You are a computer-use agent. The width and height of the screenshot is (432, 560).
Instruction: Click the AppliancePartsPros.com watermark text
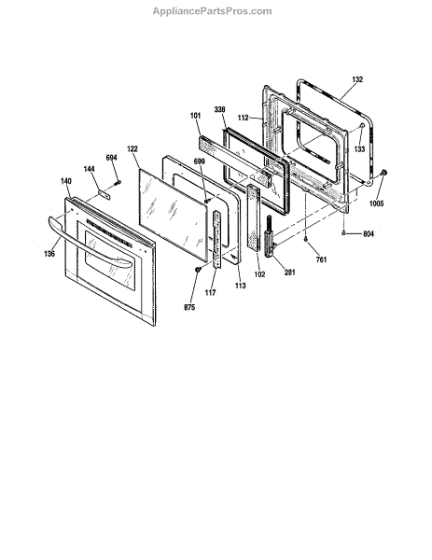tap(212, 11)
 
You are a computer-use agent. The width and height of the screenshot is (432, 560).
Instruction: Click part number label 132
tap(357, 79)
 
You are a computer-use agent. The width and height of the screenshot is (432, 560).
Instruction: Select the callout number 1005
tap(376, 203)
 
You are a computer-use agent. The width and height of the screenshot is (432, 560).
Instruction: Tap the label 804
tap(369, 234)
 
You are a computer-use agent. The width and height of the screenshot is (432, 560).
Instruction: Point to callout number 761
tap(321, 259)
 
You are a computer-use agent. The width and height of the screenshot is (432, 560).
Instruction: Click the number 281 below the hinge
tap(289, 273)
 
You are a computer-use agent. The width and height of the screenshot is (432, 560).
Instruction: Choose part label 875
tap(189, 307)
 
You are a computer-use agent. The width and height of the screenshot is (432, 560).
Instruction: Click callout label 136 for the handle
tap(49, 254)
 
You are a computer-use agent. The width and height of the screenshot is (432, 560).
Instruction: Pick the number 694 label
tap(111, 158)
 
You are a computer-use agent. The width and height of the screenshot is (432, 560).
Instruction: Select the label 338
tap(219, 109)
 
